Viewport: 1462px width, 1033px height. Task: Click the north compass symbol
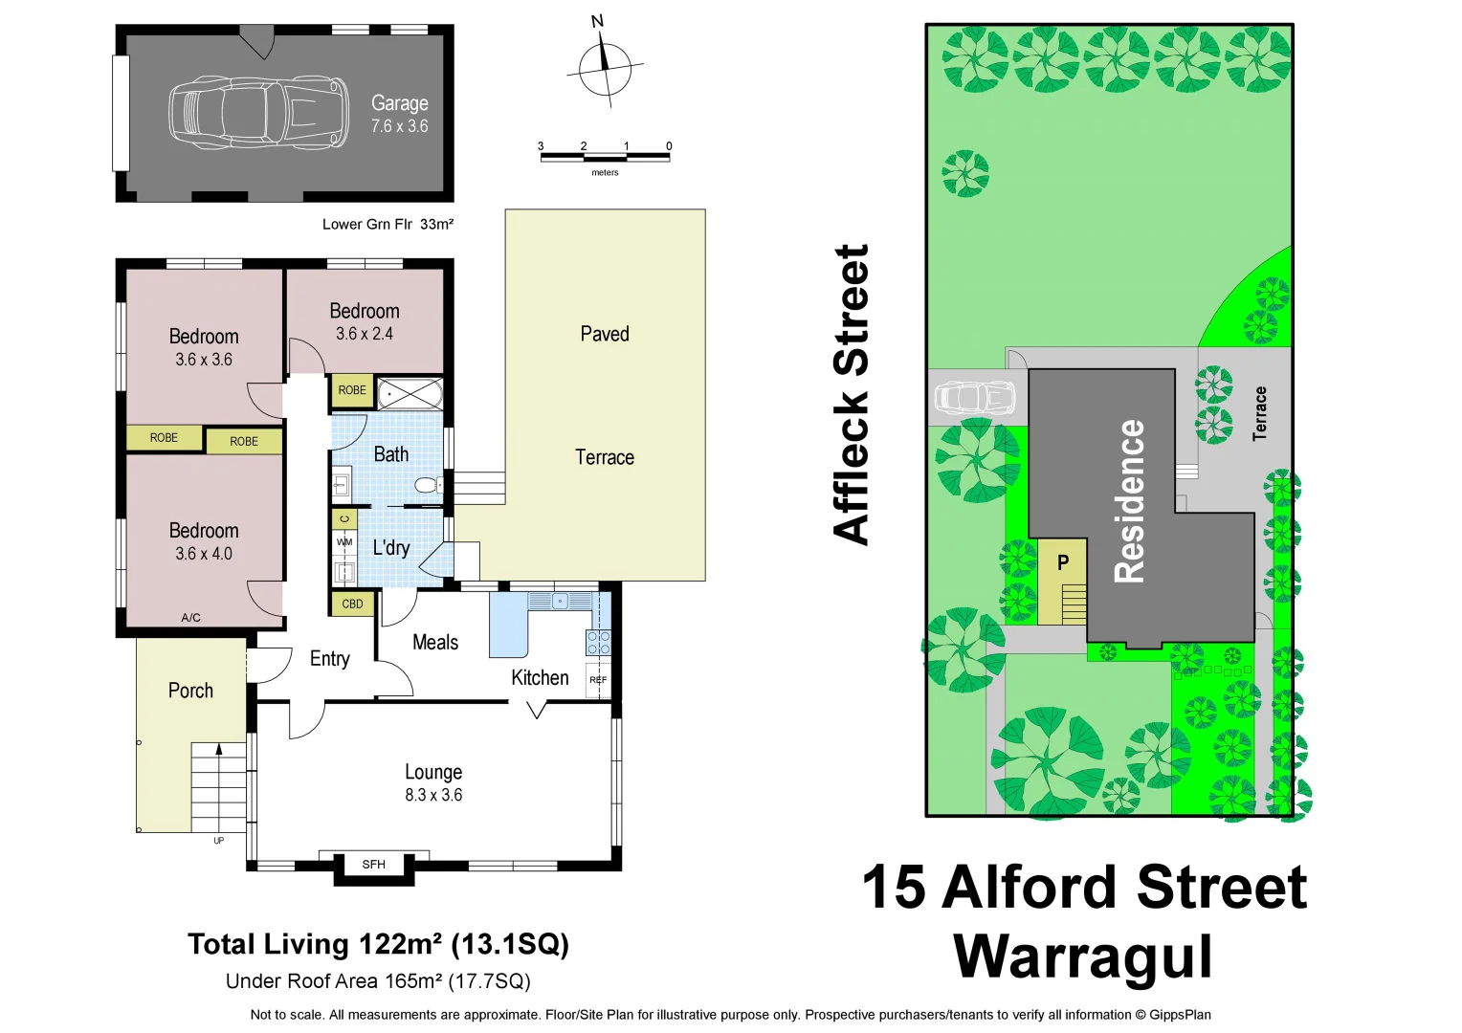click(605, 68)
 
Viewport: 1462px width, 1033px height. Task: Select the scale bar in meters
click(605, 157)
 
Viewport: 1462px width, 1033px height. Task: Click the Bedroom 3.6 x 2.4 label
click(365, 321)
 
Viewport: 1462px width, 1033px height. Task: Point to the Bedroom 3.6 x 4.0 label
click(204, 541)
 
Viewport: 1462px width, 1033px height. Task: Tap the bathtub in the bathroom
click(410, 393)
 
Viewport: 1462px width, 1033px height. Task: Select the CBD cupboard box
click(352, 604)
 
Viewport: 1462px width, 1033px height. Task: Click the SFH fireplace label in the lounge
click(374, 865)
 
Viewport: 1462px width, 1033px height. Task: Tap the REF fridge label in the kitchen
click(598, 680)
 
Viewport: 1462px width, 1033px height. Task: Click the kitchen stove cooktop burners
click(598, 643)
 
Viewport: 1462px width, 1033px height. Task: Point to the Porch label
click(190, 691)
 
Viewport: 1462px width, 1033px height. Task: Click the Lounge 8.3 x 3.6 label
click(433, 782)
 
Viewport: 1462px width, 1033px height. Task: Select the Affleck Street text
click(851, 394)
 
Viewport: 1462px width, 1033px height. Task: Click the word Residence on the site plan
click(1130, 501)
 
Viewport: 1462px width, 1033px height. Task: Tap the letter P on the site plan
click(1063, 563)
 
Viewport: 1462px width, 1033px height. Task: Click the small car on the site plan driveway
click(974, 397)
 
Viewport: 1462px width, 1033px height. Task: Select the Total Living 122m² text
click(378, 944)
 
